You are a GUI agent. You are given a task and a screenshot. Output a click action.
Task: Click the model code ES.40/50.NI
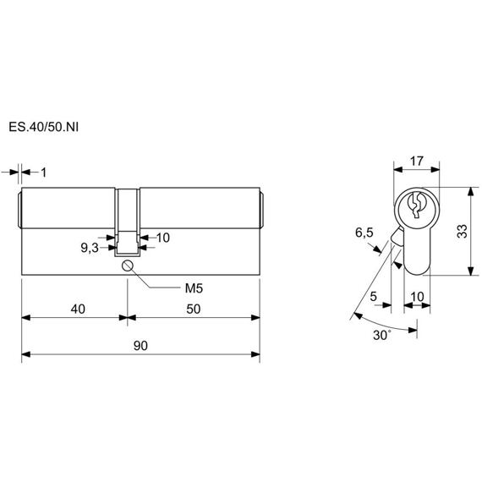(x=44, y=127)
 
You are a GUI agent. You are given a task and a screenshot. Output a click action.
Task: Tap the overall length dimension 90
(x=140, y=346)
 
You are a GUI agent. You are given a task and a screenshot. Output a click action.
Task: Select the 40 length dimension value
(x=78, y=309)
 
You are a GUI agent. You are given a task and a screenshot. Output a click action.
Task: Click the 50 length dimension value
(x=194, y=309)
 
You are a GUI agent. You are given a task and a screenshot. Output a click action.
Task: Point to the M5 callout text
(x=194, y=288)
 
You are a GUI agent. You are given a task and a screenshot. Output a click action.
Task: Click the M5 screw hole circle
(x=127, y=266)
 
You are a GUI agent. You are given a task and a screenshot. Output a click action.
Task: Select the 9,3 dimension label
(x=90, y=248)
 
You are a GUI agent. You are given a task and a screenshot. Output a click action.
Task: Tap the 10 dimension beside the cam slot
(x=163, y=238)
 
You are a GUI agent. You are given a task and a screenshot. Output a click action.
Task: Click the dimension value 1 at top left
(x=44, y=173)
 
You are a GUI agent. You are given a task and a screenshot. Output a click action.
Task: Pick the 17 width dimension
(x=417, y=161)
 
